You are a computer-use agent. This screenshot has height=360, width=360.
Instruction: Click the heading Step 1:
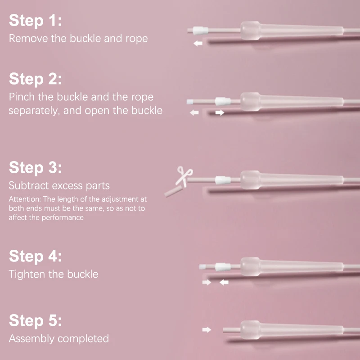pos(36,20)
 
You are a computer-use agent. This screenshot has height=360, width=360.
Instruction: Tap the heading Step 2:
pos(36,79)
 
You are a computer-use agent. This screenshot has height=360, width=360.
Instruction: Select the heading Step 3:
pos(36,167)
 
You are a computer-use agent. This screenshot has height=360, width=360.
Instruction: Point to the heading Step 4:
pos(36,256)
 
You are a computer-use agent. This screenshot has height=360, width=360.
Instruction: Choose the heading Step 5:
pos(36,320)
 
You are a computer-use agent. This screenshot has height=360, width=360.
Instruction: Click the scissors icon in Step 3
pos(184,176)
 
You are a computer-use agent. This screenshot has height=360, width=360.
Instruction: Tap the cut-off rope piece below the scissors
pos(174,191)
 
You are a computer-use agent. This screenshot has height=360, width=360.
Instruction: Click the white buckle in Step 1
pos(200,31)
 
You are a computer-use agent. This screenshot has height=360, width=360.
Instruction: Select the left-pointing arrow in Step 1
pos(198,43)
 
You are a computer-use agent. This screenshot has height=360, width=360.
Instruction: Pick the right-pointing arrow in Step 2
pos(220,112)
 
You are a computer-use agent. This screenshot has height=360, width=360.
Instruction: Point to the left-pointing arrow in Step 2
pos(194,112)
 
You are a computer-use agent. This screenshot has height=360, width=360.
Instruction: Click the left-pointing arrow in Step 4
pos(224,282)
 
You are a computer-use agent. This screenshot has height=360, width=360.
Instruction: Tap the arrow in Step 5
pos(207,330)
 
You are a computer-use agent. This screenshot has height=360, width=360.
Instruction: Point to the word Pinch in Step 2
pos(22,97)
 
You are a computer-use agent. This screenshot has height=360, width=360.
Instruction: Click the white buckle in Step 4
pos(223,266)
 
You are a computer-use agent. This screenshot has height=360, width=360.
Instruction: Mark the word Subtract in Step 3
pos(29,185)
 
